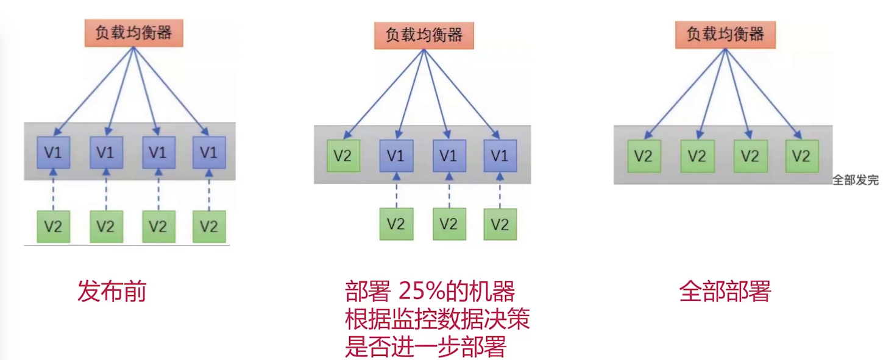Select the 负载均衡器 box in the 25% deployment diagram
point(424,35)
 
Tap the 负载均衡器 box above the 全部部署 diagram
point(725,34)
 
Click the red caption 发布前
point(112,292)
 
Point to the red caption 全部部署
point(725,292)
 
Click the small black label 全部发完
point(856,181)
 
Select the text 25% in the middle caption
point(420,292)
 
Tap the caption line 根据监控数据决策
point(437,320)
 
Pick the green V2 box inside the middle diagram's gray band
point(343,155)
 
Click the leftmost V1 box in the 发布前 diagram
point(54,152)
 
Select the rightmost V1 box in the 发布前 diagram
point(209,152)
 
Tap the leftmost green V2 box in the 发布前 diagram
point(54,227)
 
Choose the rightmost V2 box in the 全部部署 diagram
point(802,156)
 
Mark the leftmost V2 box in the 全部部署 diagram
point(644,156)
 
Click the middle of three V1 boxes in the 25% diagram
point(449,155)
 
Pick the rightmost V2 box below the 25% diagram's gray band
point(500,224)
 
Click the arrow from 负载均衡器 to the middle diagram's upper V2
point(384,91)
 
